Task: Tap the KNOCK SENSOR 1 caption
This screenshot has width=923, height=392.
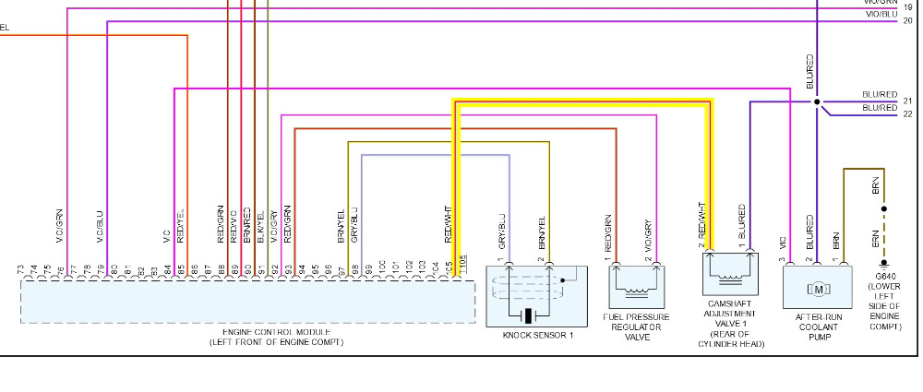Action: (538, 335)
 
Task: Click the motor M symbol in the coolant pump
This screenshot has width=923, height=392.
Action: (818, 290)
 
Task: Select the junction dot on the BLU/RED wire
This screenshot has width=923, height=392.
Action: (817, 101)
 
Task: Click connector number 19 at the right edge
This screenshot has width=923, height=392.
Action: (908, 7)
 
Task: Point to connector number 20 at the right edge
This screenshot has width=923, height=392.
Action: (908, 19)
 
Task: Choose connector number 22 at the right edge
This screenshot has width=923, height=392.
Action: (908, 114)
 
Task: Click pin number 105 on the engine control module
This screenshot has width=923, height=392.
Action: (462, 267)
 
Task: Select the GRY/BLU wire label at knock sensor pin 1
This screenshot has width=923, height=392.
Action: (502, 232)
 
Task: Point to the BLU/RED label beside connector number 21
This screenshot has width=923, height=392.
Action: (880, 94)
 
